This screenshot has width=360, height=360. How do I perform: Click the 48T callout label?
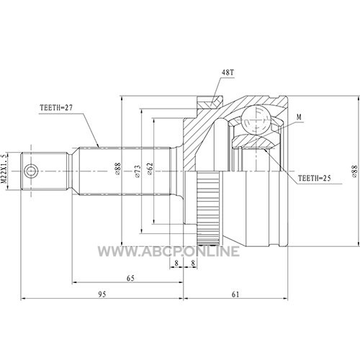228,73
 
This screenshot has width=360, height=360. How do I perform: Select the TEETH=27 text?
56,108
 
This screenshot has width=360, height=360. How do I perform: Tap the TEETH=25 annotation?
315,178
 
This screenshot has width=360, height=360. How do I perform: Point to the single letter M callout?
299,117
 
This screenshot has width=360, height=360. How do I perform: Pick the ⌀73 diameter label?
137,171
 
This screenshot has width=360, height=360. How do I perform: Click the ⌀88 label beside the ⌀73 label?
117,168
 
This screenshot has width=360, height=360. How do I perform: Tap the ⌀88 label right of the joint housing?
355,171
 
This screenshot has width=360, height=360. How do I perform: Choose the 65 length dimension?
130,279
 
